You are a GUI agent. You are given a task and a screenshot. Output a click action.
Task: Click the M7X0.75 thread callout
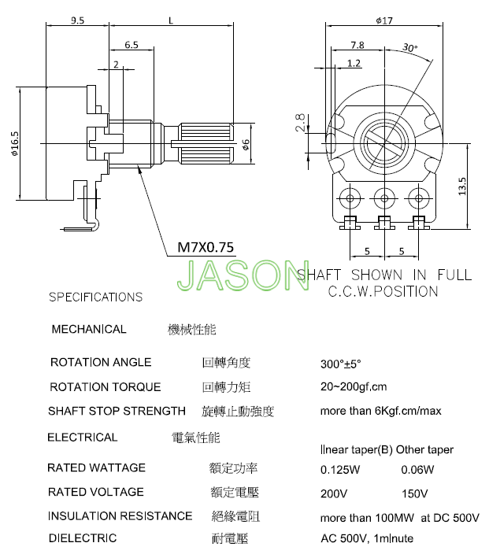(x=206, y=247)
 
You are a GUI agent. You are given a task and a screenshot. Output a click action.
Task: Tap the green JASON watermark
(x=243, y=275)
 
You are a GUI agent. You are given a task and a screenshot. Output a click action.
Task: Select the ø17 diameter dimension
(x=384, y=20)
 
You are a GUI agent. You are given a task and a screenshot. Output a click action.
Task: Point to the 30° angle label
(x=409, y=47)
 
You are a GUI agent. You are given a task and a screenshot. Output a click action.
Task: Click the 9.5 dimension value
(x=77, y=20)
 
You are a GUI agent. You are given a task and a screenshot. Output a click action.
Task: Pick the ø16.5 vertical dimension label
(x=14, y=144)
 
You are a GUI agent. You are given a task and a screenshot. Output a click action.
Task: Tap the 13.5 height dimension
(x=462, y=187)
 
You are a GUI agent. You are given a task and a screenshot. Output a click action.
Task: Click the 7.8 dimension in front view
(x=357, y=45)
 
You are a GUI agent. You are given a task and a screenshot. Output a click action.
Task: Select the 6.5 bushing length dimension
(x=132, y=45)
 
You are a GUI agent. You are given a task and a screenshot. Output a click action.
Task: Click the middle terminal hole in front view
(x=384, y=198)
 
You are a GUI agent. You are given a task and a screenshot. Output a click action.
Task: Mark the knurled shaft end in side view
(x=206, y=143)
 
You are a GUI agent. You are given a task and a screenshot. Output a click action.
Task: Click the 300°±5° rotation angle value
(x=340, y=364)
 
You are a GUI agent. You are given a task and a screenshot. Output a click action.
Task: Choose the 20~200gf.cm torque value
(x=354, y=387)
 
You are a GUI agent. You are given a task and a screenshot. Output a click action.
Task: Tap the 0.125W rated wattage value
(x=340, y=470)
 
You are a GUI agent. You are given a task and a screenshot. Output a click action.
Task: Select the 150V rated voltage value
(x=414, y=493)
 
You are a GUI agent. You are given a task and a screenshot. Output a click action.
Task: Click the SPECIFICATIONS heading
(x=96, y=297)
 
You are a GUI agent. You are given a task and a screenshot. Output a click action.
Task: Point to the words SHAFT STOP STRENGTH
(x=117, y=411)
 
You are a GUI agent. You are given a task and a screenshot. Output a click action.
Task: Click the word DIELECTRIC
(x=83, y=538)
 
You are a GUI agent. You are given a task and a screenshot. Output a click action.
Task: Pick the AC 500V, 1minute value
(x=367, y=538)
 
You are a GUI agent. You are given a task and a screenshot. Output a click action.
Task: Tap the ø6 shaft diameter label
(x=246, y=144)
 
